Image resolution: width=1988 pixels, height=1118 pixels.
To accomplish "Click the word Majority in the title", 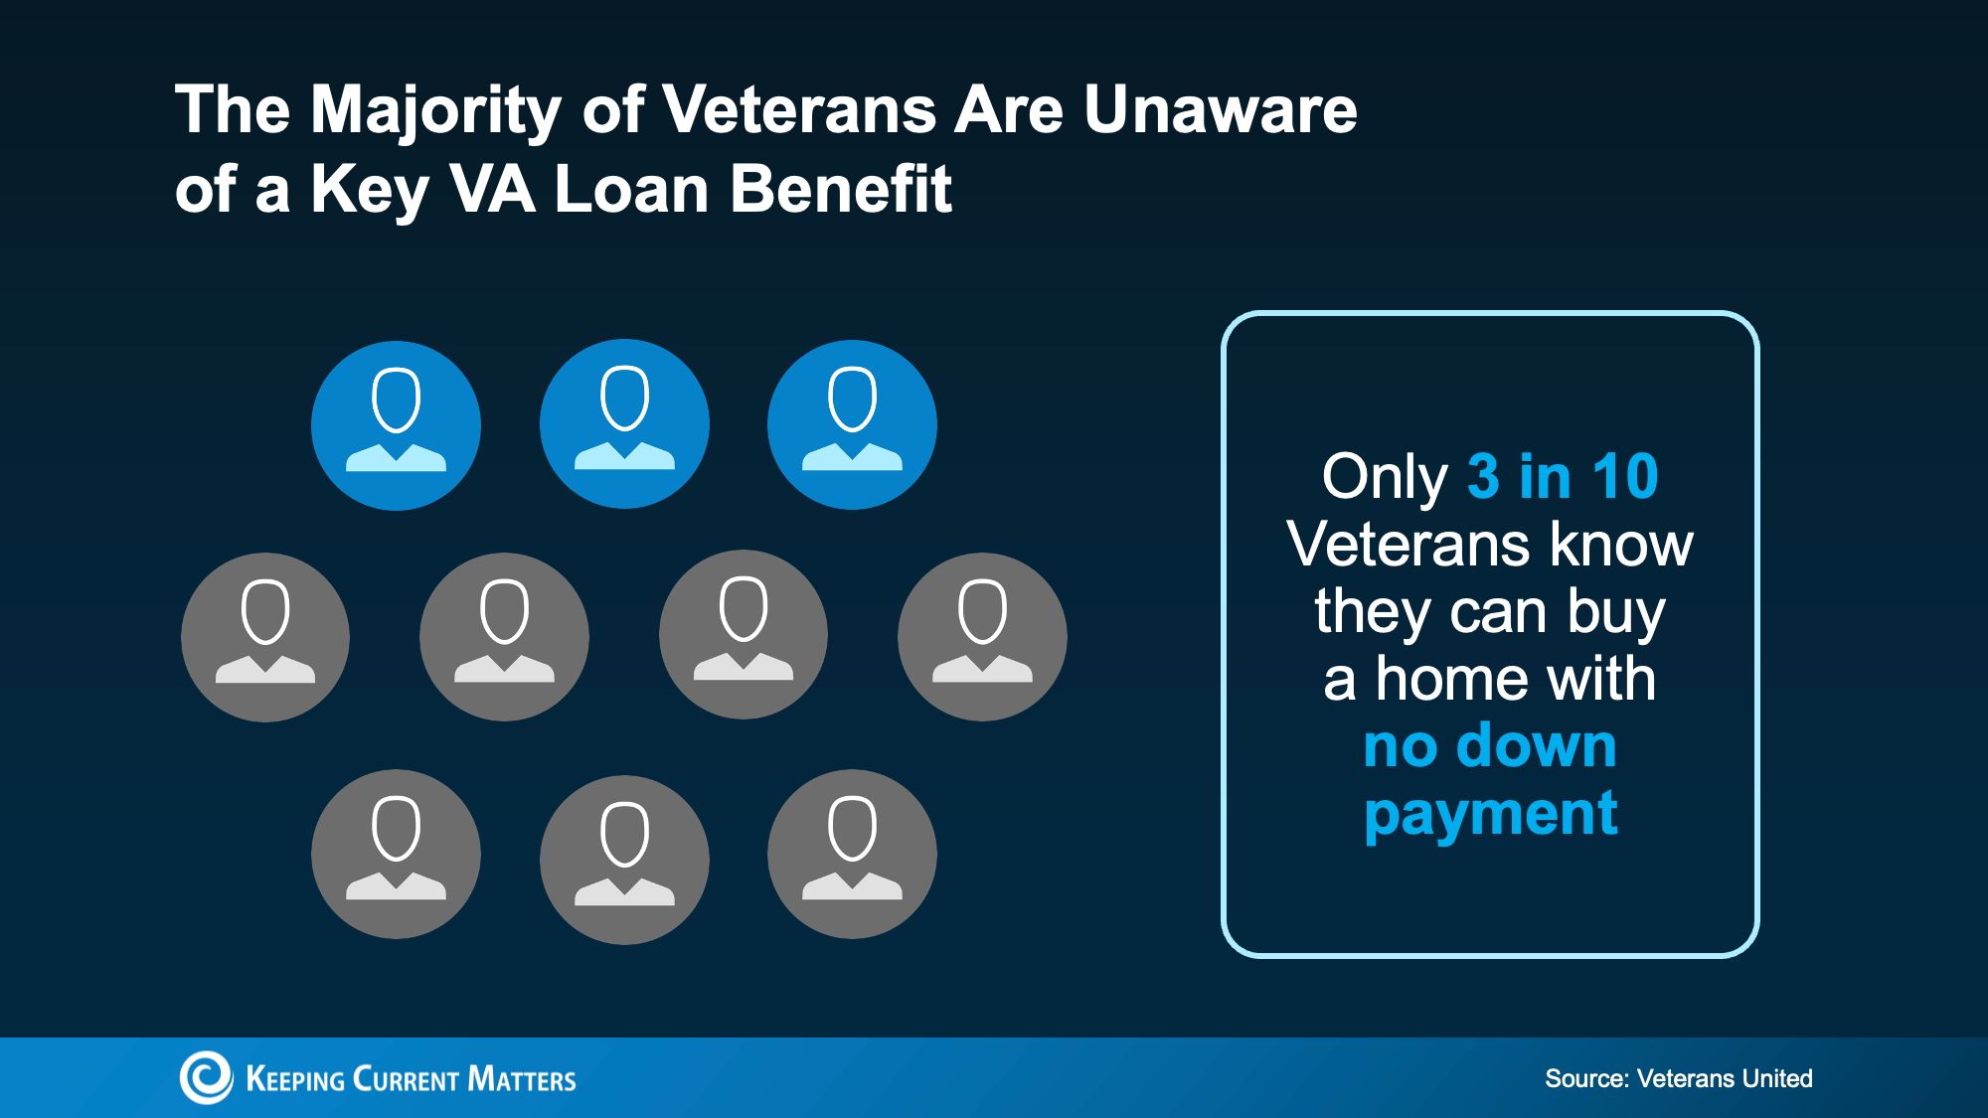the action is click(x=436, y=111).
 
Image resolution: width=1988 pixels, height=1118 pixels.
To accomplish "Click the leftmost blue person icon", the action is click(x=396, y=425).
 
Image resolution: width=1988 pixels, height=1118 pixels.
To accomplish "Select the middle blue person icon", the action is click(x=624, y=424).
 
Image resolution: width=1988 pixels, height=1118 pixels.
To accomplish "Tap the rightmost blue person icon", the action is click(x=852, y=424).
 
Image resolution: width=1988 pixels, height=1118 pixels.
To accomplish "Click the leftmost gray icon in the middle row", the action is click(x=265, y=637).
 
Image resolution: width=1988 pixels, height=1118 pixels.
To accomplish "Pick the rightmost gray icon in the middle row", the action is click(x=982, y=636).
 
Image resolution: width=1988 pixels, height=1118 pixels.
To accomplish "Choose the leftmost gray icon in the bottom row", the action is click(x=396, y=855).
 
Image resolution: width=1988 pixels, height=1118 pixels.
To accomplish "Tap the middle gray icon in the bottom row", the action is click(x=624, y=860).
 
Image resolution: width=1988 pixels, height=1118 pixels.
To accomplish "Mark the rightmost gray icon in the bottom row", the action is click(x=852, y=855).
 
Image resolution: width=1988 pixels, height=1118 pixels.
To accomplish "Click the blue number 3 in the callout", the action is click(x=1483, y=477).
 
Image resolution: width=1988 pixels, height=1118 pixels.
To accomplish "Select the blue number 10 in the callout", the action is click(x=1624, y=477).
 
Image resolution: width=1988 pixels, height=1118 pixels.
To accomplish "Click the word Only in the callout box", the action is click(x=1385, y=478).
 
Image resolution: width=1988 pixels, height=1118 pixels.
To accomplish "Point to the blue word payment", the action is click(x=1490, y=815).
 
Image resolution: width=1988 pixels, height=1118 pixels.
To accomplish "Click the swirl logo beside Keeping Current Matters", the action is click(x=206, y=1077).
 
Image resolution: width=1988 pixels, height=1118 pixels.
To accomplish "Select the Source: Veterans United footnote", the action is click(x=1679, y=1078).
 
